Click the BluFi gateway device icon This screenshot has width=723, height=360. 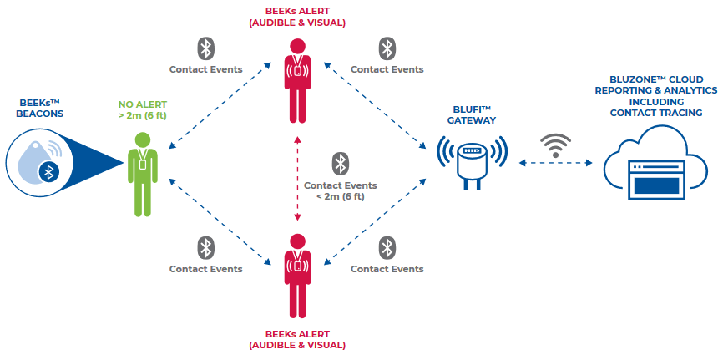[473, 160]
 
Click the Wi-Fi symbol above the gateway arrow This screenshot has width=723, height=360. [553, 144]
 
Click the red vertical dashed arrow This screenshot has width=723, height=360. [296, 180]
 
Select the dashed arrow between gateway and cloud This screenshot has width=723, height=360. [553, 164]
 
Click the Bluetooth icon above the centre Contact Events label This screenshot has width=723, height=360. [340, 162]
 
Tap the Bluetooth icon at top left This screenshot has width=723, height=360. [205, 48]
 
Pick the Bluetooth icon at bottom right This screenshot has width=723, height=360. [387, 247]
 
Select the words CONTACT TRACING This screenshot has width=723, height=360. [655, 113]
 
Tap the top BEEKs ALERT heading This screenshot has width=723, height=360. [296, 10]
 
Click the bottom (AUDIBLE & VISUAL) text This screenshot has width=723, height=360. [296, 344]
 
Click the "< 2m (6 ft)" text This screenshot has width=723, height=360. [340, 196]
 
